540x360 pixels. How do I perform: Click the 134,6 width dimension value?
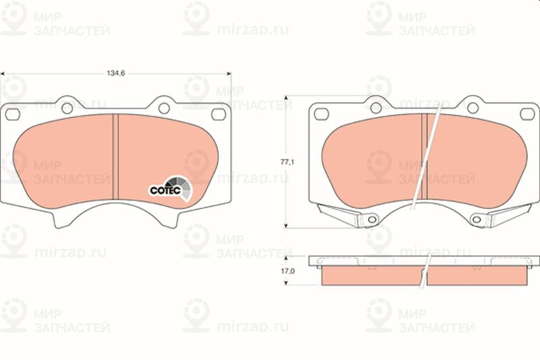(x=115, y=73)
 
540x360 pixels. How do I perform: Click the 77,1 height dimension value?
(x=287, y=162)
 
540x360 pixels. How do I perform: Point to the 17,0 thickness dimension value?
(x=288, y=271)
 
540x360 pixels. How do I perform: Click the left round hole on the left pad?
(x=67, y=108)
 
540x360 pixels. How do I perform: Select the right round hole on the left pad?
(x=164, y=108)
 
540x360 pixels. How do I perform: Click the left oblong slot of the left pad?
(x=13, y=114)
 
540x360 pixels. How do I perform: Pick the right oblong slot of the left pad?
(x=218, y=114)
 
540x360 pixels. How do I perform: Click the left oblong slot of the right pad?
(x=322, y=114)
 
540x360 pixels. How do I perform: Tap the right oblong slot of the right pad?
(x=527, y=114)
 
